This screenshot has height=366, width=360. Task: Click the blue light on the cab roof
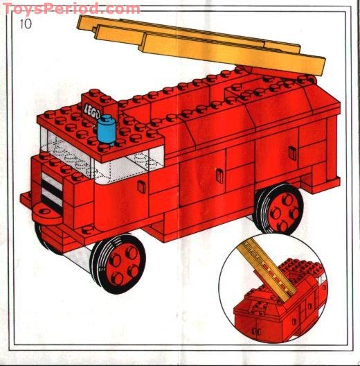tap(106, 130)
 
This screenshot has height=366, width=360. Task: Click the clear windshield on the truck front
tap(62, 149)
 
